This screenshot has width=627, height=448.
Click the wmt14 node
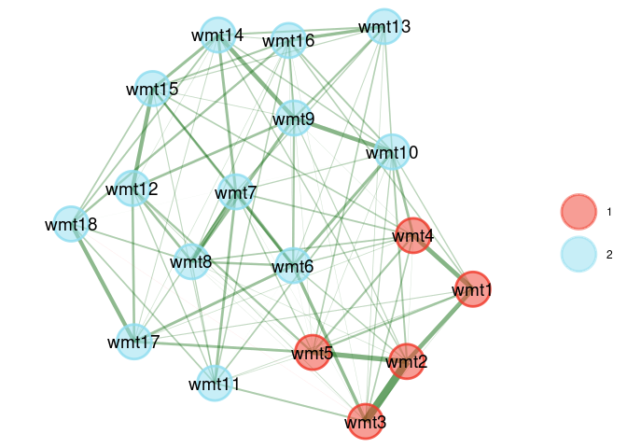pyautogui.click(x=217, y=35)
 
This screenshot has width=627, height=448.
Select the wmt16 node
pyautogui.click(x=288, y=40)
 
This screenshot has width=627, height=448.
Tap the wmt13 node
pyautogui.click(x=384, y=26)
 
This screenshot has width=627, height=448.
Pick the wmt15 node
pyautogui.click(x=152, y=89)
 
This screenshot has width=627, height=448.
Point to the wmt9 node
pyautogui.click(x=294, y=119)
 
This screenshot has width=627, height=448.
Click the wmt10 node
pyautogui.click(x=392, y=152)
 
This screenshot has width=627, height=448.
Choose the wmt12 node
pyautogui.click(x=132, y=188)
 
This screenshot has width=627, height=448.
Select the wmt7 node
pyautogui.click(x=236, y=192)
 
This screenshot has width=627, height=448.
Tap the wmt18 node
pyautogui.click(x=71, y=224)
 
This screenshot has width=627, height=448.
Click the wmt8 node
pyautogui.click(x=191, y=261)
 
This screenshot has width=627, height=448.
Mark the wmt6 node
pyautogui.click(x=293, y=266)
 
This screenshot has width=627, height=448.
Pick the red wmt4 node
pyautogui.click(x=413, y=235)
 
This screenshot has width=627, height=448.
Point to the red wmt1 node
pyautogui.click(x=473, y=289)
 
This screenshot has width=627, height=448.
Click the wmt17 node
pyautogui.click(x=134, y=342)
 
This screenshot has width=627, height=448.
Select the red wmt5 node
pyautogui.click(x=313, y=353)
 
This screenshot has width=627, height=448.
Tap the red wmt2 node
pyautogui.click(x=407, y=361)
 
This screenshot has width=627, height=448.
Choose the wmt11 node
pyautogui.click(x=215, y=384)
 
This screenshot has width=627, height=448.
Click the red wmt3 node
pyautogui.click(x=366, y=421)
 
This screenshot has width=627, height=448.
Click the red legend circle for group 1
pyautogui.click(x=578, y=212)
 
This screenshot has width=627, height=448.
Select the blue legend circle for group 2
pyautogui.click(x=578, y=254)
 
